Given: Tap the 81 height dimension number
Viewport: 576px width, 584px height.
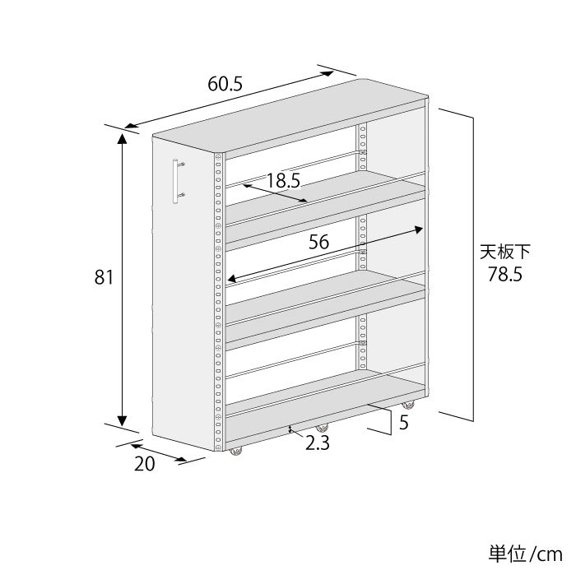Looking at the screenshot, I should [103, 278].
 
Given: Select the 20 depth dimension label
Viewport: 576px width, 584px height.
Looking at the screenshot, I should [144, 463].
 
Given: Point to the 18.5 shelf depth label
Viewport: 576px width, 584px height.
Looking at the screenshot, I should [282, 181].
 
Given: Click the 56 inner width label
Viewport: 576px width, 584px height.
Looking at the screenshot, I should [320, 242].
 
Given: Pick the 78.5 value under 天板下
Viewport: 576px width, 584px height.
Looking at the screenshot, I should [504, 275].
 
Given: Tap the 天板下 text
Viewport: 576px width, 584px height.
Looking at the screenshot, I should [505, 251].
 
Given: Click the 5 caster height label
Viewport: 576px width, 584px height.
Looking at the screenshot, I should [403, 423].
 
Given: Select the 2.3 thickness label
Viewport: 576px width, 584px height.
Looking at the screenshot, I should [318, 443].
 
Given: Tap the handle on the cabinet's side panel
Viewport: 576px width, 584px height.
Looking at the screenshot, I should [176, 180].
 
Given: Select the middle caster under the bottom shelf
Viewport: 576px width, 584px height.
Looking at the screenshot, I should [322, 429].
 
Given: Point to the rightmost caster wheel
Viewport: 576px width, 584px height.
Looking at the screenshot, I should [407, 405].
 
